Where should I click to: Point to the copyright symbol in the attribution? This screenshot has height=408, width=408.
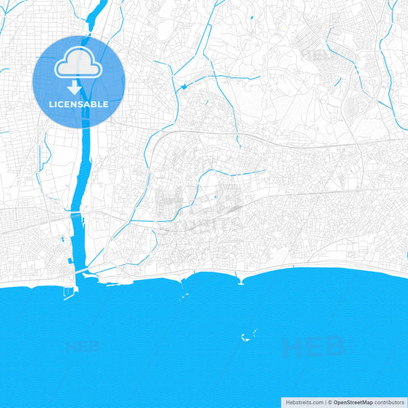click(x=330, y=401)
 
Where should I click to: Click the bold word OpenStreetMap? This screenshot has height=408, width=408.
click(x=353, y=401)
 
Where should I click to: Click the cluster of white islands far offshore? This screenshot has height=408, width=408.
click(x=248, y=335)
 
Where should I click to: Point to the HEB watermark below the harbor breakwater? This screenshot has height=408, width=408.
click(x=84, y=347)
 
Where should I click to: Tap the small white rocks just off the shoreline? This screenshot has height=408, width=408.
click(x=184, y=295)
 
